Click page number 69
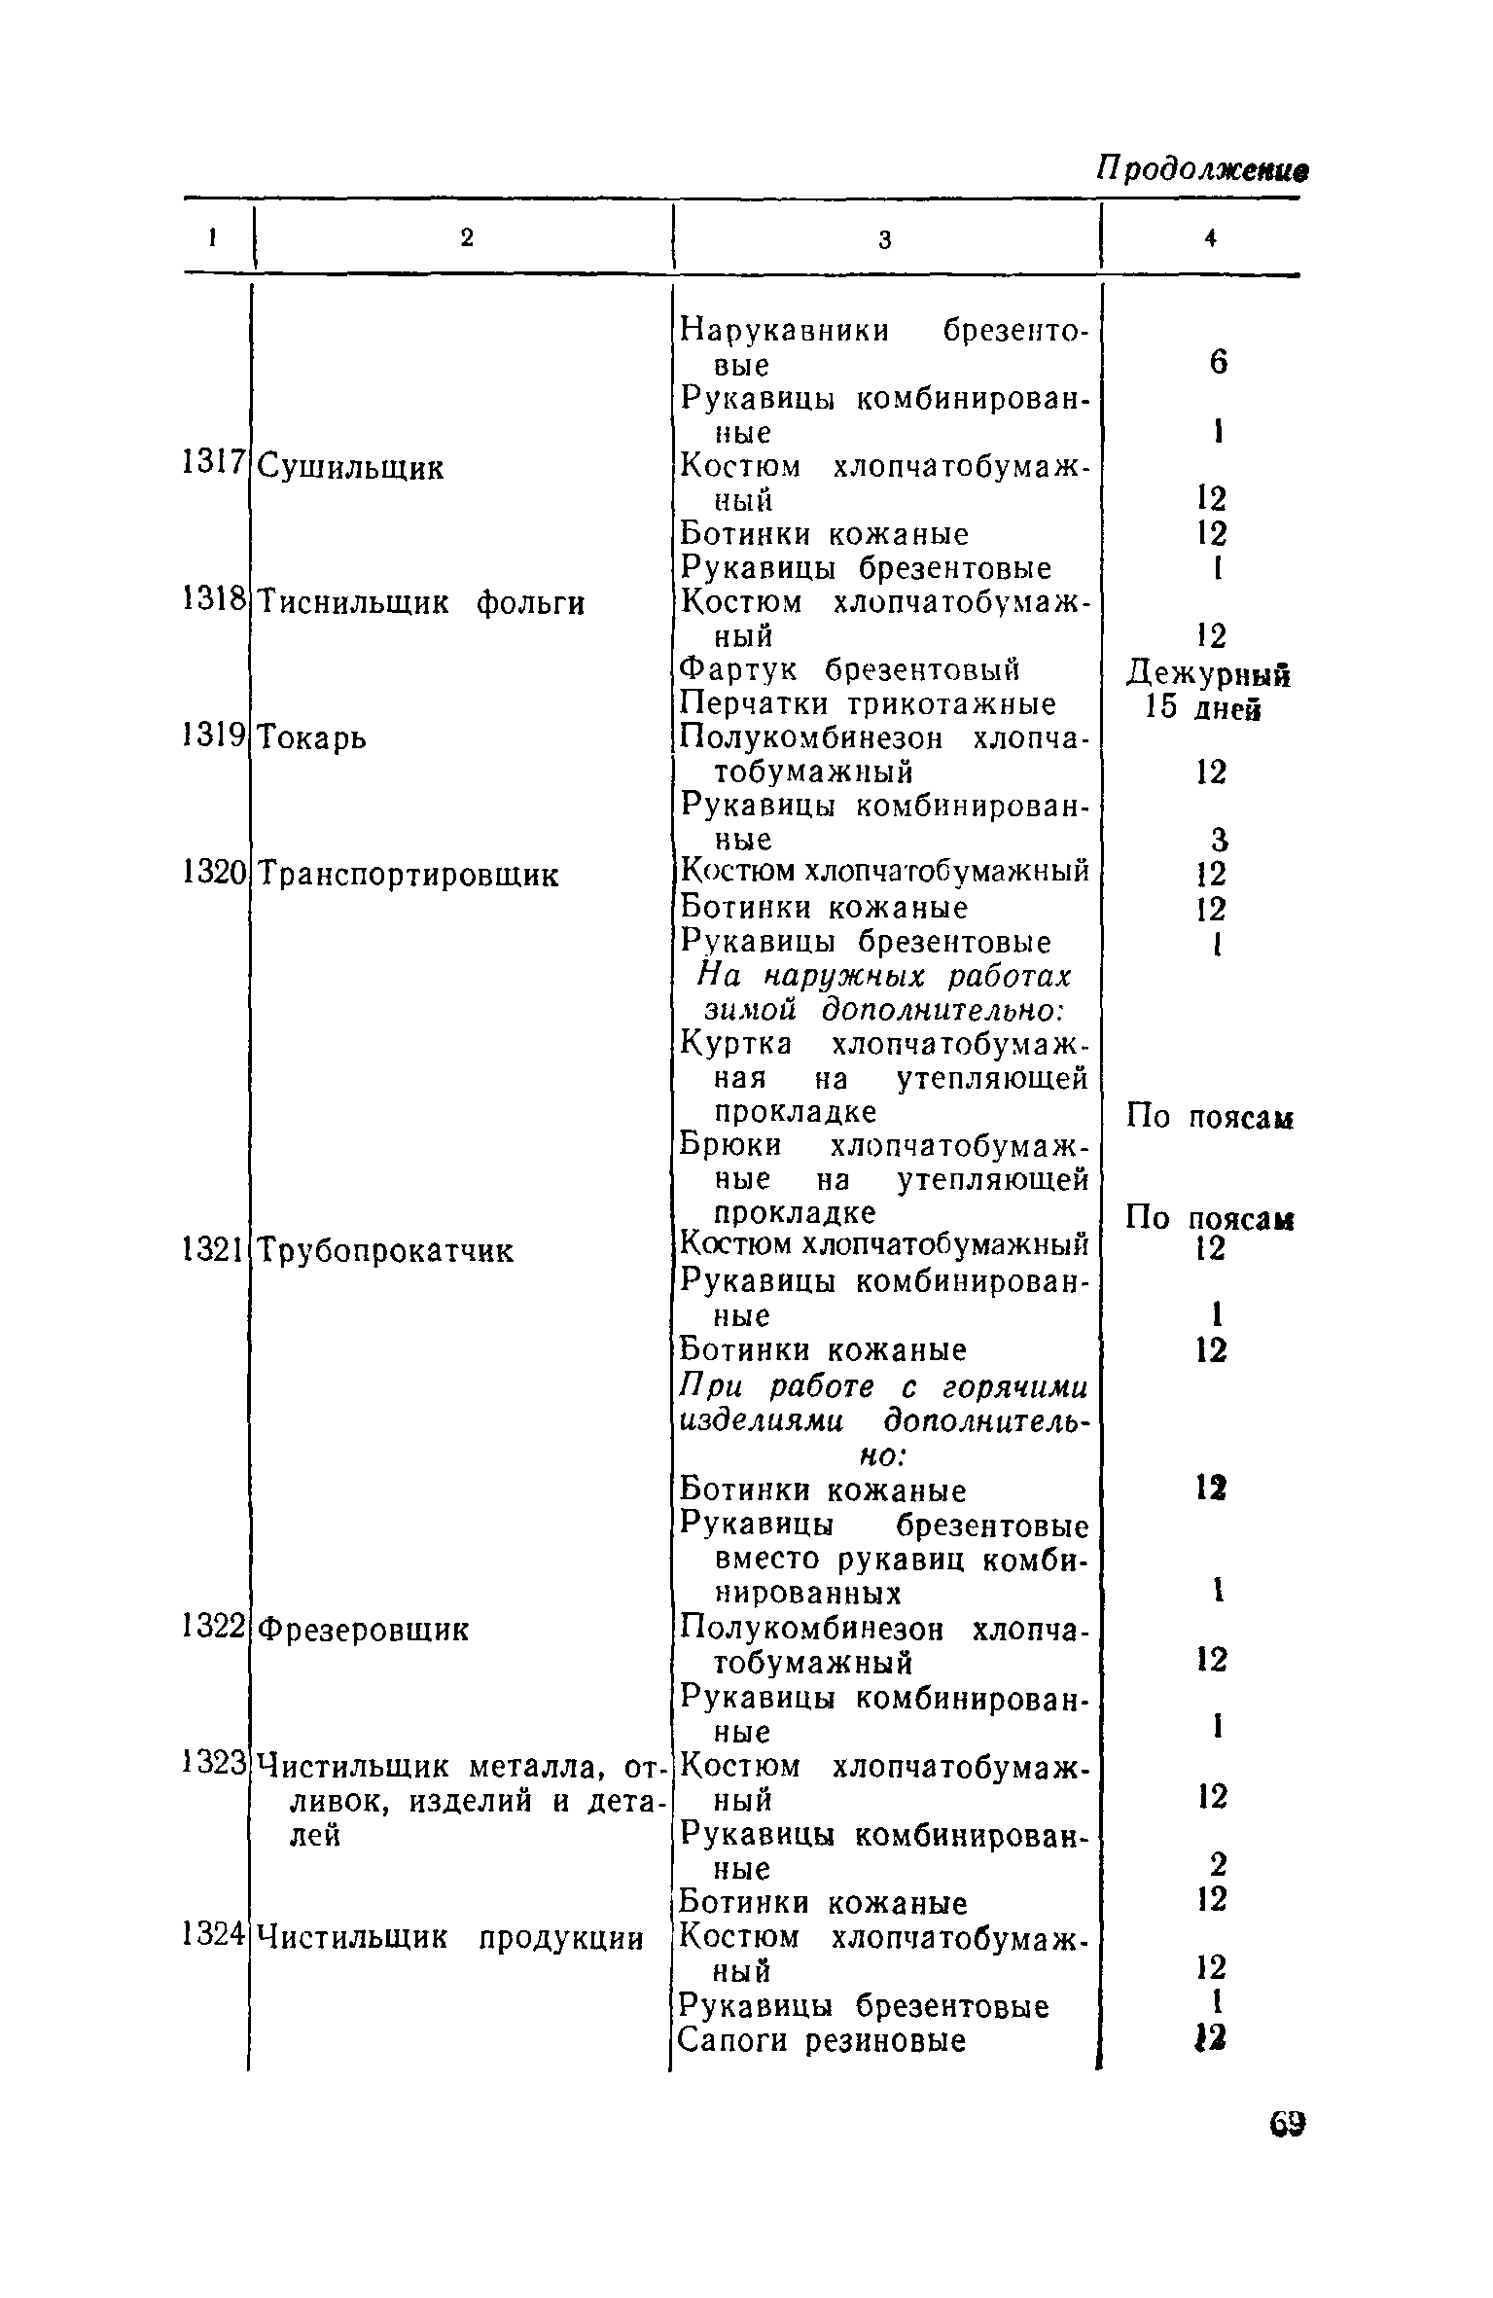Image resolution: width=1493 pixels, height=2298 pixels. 1287,2124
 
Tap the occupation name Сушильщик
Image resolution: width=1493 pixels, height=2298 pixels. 352,468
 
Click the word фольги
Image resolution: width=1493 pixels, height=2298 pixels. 531,604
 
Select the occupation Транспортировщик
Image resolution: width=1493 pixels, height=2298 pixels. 409,875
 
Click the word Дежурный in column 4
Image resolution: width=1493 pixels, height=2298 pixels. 1208,673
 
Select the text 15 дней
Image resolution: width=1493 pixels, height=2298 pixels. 1204,707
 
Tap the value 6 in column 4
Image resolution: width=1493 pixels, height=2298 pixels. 1218,364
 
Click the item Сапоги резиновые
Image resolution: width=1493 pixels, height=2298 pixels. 822,2040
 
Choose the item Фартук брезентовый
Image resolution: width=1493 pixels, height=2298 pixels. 848,670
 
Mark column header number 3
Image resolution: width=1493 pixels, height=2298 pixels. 884,239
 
